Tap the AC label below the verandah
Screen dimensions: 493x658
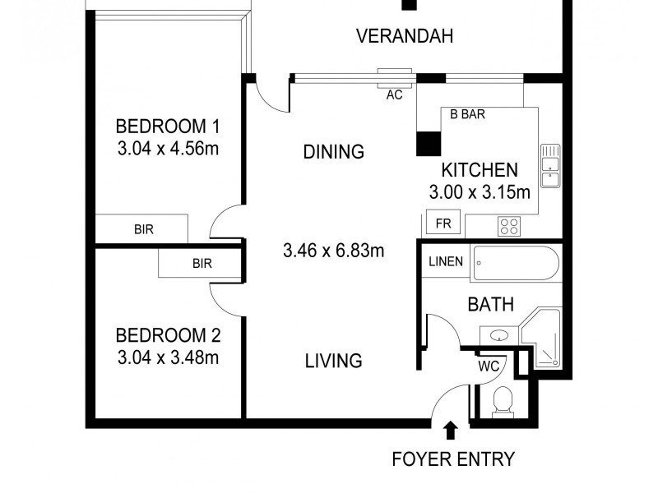[x=394, y=94]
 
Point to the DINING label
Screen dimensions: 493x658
[x=333, y=151]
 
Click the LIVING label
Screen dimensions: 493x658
[x=333, y=360]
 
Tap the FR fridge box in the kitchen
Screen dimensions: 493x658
[x=443, y=223]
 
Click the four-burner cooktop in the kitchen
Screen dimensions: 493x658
[x=509, y=225]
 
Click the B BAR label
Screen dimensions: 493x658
[x=466, y=115]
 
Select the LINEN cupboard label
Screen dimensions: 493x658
[x=445, y=262]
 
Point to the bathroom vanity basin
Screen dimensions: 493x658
[x=498, y=335]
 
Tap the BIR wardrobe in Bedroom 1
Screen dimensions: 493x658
[x=143, y=229]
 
